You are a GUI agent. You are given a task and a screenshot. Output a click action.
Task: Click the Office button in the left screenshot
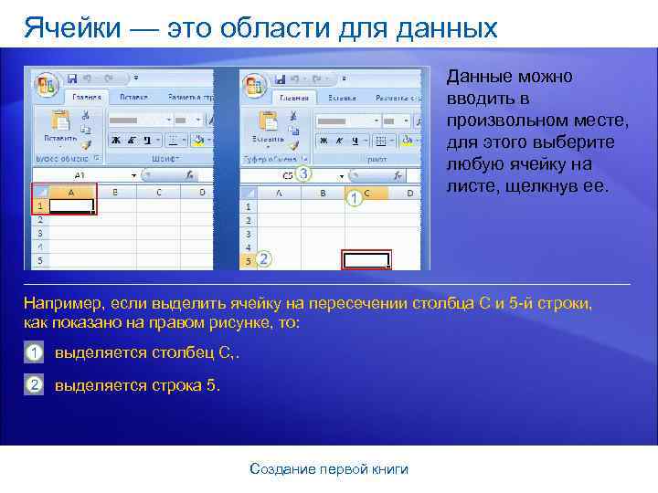point(45,85)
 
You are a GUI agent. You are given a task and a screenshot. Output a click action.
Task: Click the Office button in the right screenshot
point(253,85)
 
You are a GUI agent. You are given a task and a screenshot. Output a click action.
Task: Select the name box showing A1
point(80,173)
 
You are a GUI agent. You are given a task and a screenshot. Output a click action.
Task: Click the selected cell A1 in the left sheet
point(71,206)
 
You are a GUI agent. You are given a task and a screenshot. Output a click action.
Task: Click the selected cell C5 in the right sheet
point(366,260)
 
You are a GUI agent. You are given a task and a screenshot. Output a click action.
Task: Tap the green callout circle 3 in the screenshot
point(303,173)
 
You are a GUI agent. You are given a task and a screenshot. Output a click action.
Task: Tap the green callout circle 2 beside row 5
point(264,259)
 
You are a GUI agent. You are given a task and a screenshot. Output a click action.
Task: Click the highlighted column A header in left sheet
point(71,193)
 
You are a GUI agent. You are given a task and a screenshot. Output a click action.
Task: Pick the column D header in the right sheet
point(409,193)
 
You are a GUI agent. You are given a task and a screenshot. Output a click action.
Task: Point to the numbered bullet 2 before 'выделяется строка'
point(34,384)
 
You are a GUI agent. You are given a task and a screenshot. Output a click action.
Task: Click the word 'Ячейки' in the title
point(69,27)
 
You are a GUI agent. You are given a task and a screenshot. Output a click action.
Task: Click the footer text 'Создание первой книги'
point(329,468)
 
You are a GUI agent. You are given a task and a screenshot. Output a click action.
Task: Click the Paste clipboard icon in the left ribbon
point(60,122)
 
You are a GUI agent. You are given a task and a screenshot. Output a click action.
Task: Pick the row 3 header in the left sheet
point(39,234)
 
